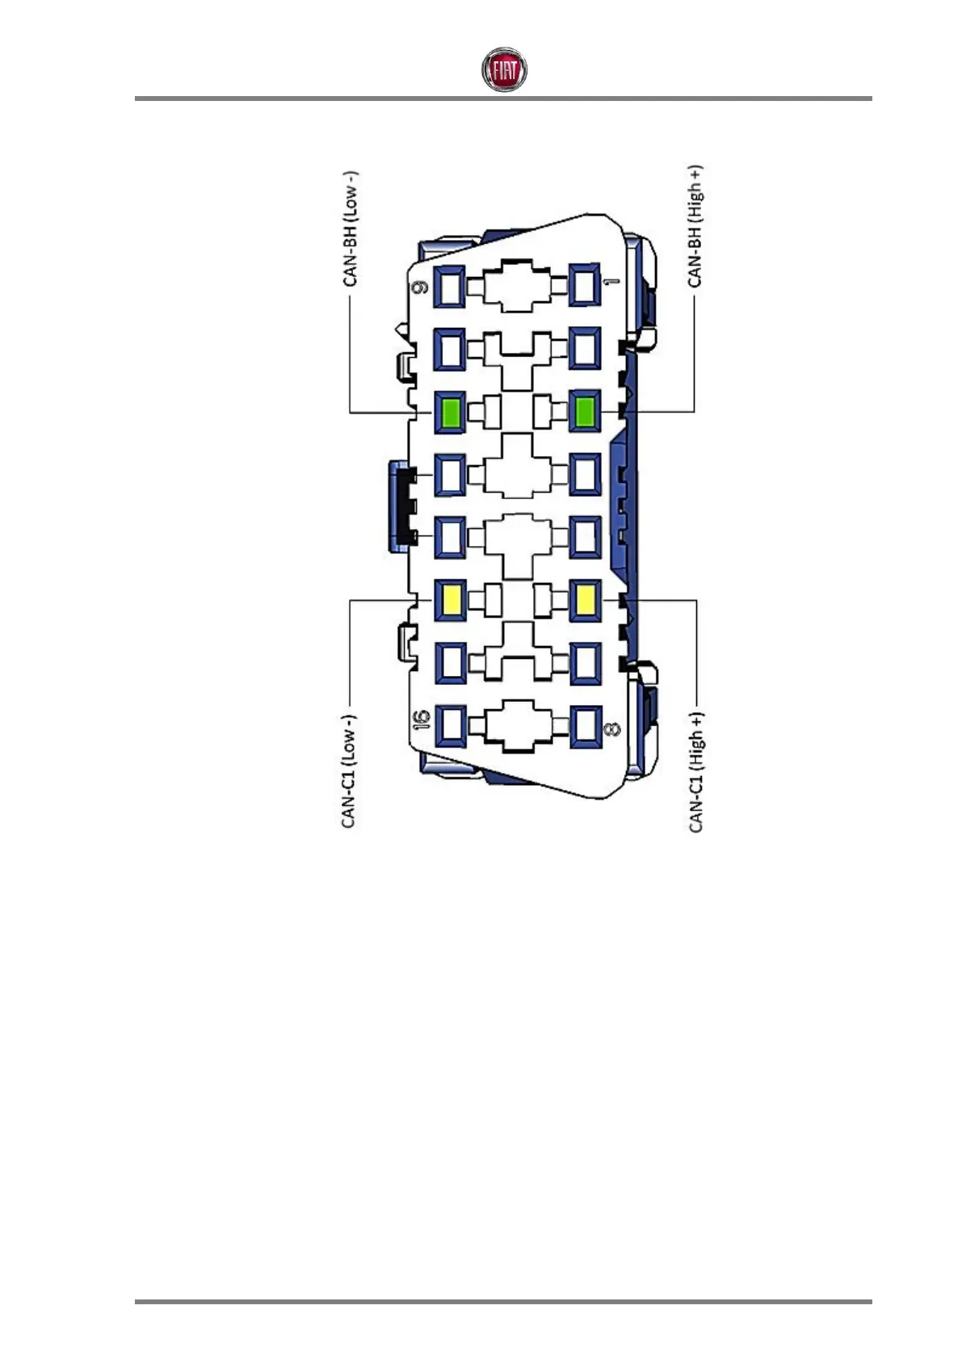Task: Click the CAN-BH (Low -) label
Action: tap(351, 229)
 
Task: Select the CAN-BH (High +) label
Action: tap(695, 226)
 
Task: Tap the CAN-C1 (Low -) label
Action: tap(349, 770)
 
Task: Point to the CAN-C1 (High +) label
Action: tap(695, 772)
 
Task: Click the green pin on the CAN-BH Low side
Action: tap(450, 412)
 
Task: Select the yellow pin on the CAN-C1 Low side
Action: tap(450, 600)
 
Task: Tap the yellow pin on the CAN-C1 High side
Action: tap(585, 600)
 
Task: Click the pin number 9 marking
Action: tap(420, 288)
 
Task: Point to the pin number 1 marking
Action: tap(611, 283)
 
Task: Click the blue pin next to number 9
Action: tap(450, 286)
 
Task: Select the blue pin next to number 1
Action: tap(585, 286)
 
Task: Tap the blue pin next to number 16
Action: tap(450, 725)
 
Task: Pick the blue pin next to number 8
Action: tap(585, 725)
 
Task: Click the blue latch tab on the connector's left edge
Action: tap(399, 505)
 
